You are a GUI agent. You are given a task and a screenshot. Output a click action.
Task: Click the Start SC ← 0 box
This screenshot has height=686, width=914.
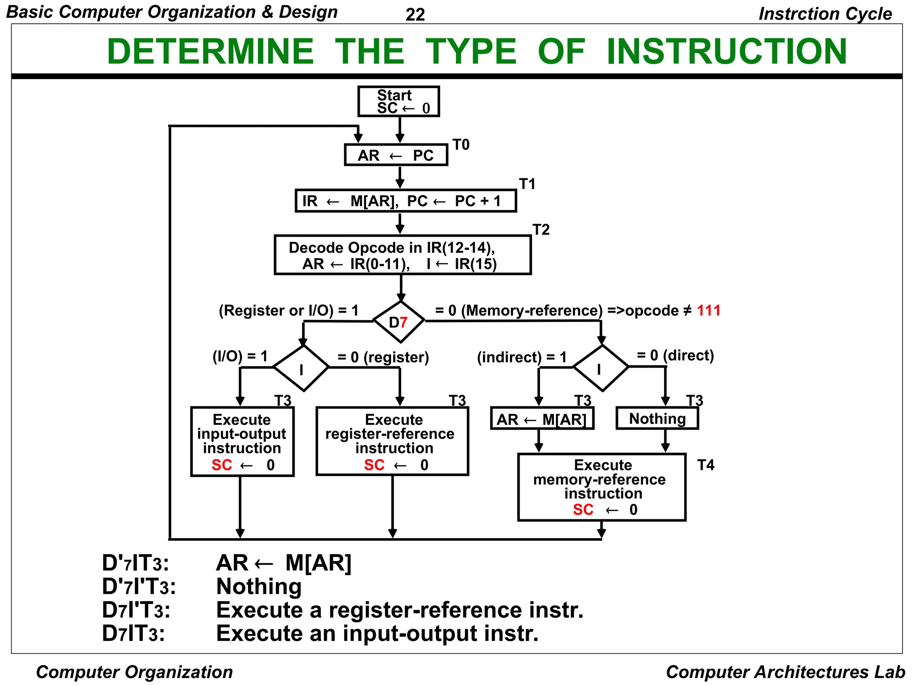[x=398, y=101]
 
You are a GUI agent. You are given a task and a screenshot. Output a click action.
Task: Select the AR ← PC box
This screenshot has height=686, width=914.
[x=396, y=155]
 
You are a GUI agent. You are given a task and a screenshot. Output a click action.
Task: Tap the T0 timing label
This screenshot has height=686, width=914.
[x=461, y=145]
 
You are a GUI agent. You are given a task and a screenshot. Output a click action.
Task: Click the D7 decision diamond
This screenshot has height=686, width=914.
[x=399, y=322]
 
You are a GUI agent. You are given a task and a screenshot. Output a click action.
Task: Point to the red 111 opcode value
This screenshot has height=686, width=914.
[x=709, y=310]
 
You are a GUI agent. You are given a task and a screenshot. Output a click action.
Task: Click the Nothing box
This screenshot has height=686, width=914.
[x=657, y=418]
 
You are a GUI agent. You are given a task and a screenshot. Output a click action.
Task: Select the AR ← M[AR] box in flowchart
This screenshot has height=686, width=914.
[x=542, y=419]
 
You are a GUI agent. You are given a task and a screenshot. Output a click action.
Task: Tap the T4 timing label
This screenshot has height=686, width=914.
[x=706, y=465]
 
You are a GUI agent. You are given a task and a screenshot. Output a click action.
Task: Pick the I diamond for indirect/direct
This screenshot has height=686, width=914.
[x=600, y=368]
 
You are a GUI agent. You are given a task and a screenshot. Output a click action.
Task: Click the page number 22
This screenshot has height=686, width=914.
[x=415, y=15]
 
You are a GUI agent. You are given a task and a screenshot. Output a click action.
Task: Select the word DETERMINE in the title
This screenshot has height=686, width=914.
[x=210, y=51]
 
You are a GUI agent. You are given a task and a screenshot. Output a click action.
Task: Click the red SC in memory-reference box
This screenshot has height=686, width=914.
[x=583, y=510]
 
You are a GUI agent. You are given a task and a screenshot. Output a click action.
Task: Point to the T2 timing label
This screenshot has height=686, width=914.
[x=541, y=230]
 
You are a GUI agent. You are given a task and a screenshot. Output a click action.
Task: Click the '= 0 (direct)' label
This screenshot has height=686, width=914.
[x=675, y=356]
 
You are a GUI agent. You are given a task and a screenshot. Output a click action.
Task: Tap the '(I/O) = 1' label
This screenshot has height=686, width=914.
[x=240, y=356]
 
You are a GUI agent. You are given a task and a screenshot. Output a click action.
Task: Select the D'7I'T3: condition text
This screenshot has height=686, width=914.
[x=139, y=586]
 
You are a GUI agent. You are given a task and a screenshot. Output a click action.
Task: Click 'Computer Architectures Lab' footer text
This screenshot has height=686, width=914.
[x=785, y=672]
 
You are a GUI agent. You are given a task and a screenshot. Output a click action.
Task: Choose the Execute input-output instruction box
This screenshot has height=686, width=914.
[x=242, y=441]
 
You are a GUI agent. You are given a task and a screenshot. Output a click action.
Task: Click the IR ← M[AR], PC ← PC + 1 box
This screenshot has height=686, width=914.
[x=405, y=201]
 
